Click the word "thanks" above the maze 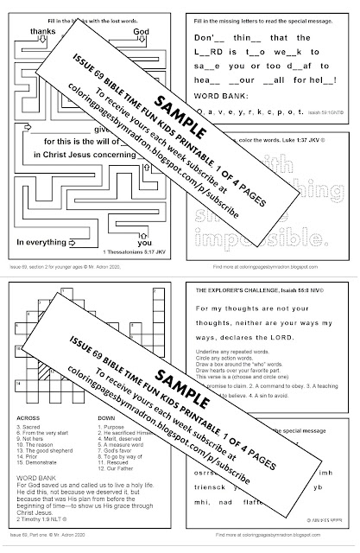click(x=41, y=29)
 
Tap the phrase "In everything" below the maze click(x=41, y=217)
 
